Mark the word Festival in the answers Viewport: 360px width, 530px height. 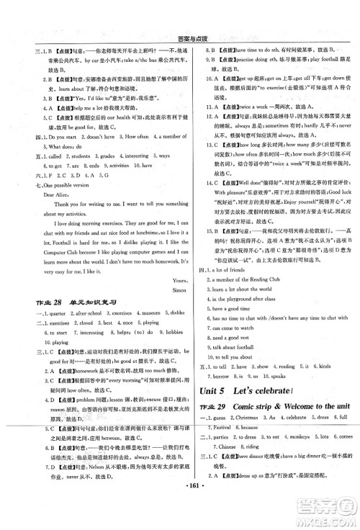[220, 428]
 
